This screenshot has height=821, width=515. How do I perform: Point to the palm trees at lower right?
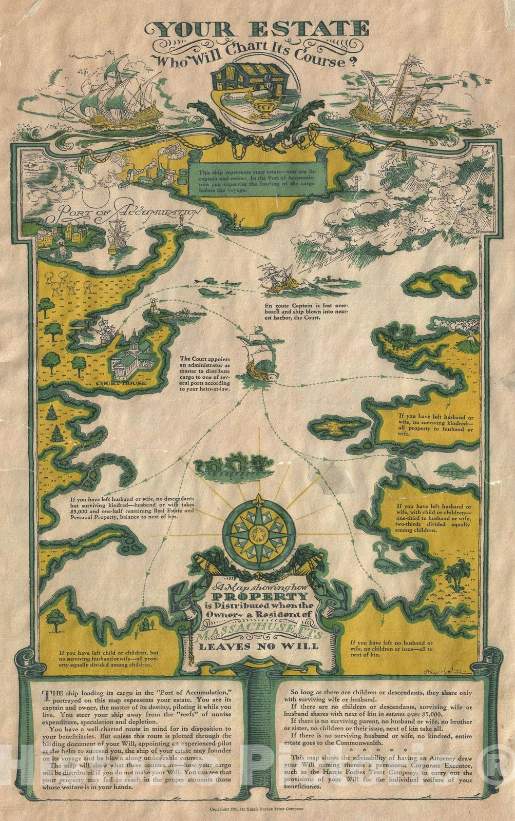(452, 573)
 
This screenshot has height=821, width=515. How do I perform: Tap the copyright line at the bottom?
(257, 809)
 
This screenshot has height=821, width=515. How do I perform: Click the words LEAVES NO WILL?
(258, 646)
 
